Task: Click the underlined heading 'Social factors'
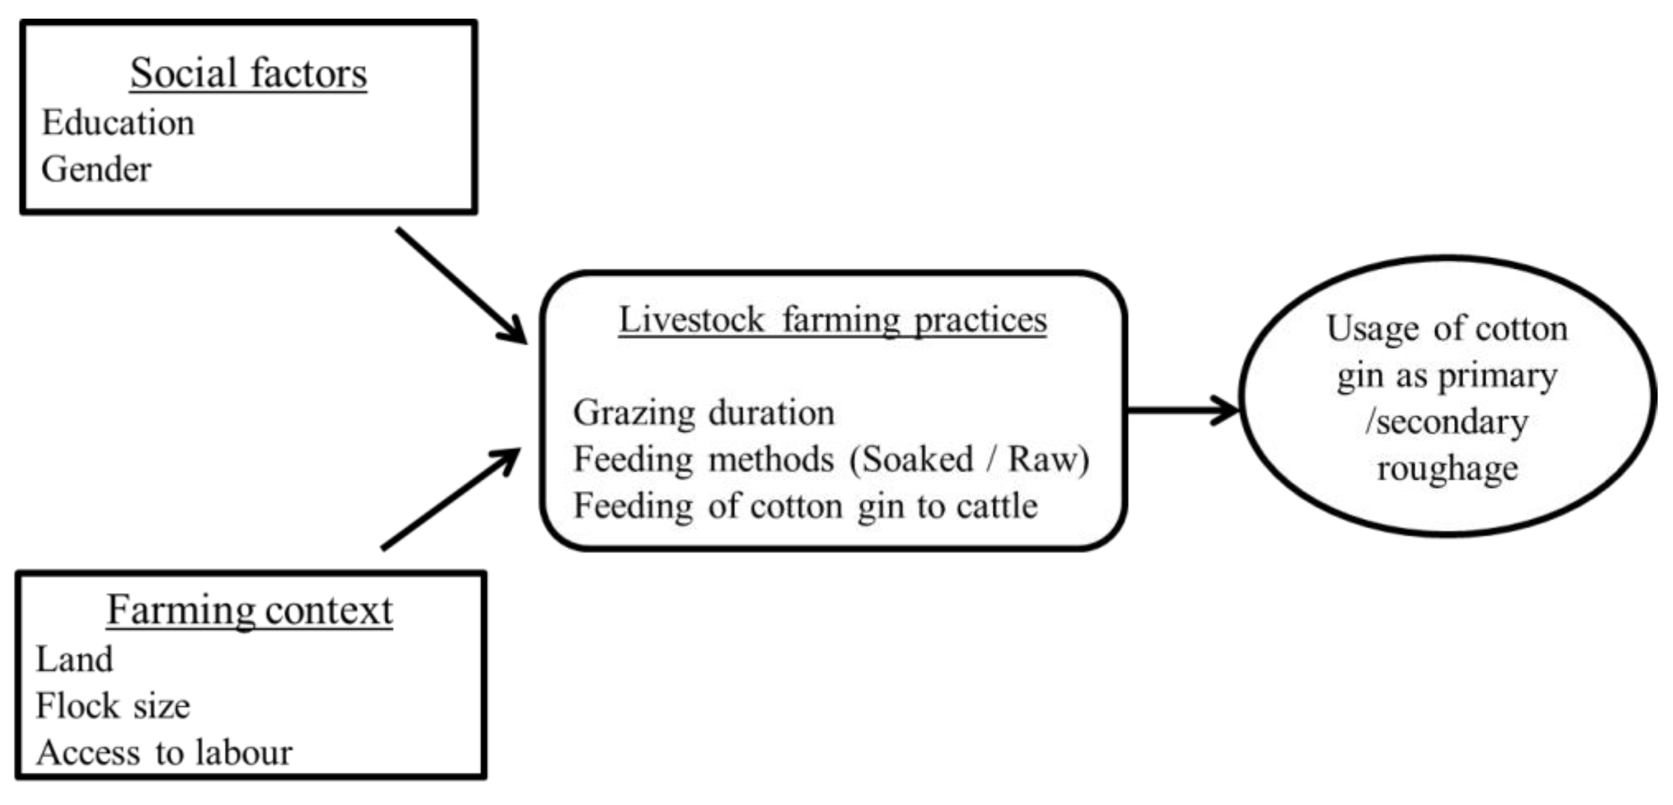[x=248, y=73]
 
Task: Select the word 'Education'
[x=117, y=123]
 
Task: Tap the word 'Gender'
[x=96, y=169]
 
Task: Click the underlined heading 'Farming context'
[x=250, y=610]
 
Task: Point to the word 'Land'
[x=74, y=660]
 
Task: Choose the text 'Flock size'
[x=112, y=706]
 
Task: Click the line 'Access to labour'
[x=164, y=753]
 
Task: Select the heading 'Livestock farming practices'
[x=832, y=320]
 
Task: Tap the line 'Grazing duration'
[x=703, y=413]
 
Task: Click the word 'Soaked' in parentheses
[x=917, y=460]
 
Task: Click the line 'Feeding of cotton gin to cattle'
[x=805, y=506]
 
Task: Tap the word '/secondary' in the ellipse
[x=1447, y=422]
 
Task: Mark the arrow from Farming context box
[x=452, y=498]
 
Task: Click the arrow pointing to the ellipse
[x=1182, y=410]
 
